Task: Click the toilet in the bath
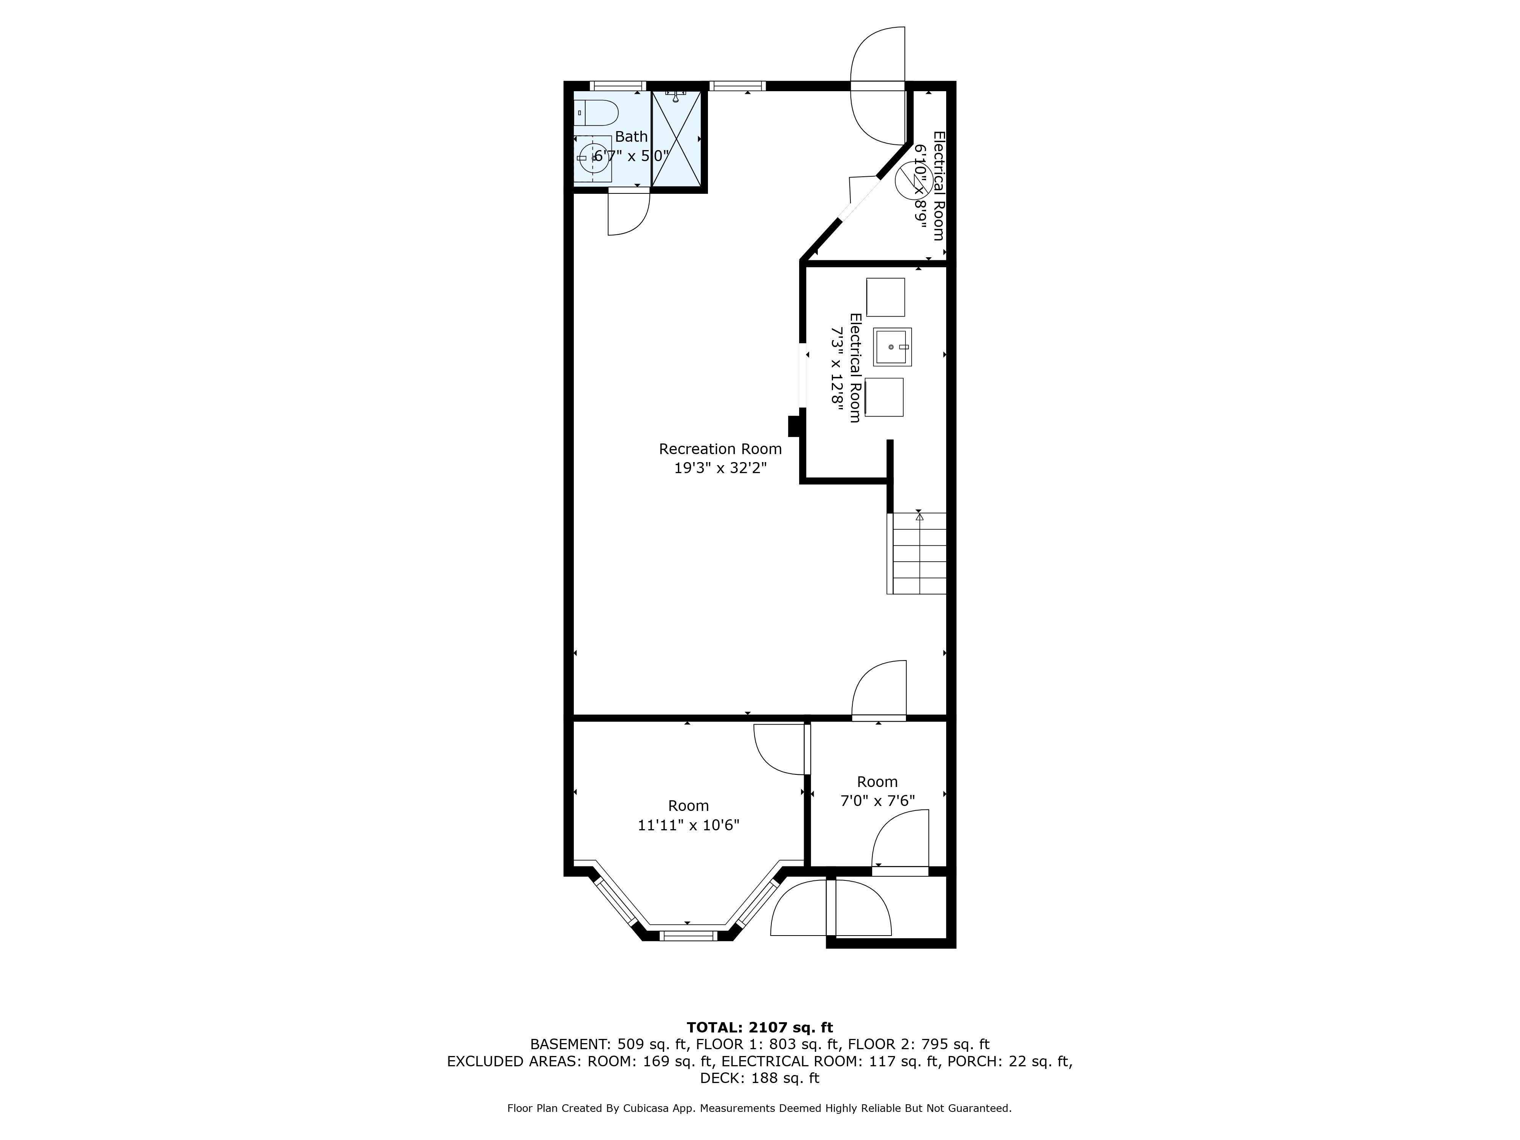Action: click(x=597, y=113)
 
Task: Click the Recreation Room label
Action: click(x=720, y=449)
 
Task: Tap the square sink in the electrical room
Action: click(x=892, y=347)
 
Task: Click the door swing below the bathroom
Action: click(x=627, y=214)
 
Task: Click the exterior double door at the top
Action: click(x=877, y=86)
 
